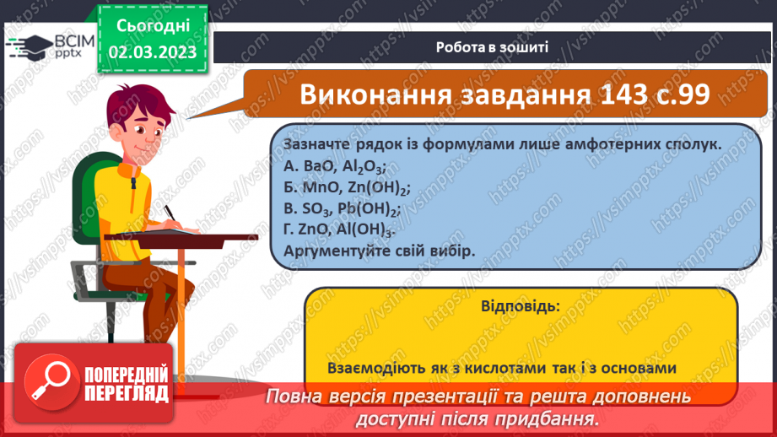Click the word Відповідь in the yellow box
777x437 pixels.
point(521,305)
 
